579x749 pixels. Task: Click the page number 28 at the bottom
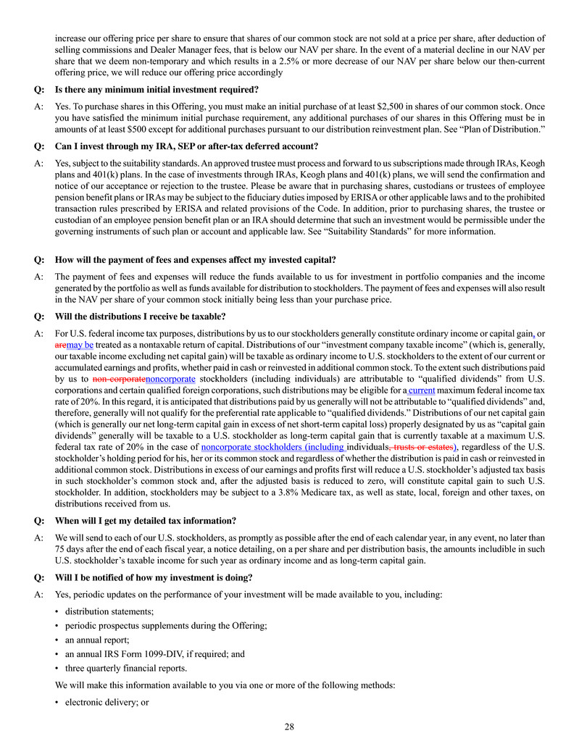289,727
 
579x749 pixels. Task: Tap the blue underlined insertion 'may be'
80,346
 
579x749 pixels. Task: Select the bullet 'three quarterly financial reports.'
121,668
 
